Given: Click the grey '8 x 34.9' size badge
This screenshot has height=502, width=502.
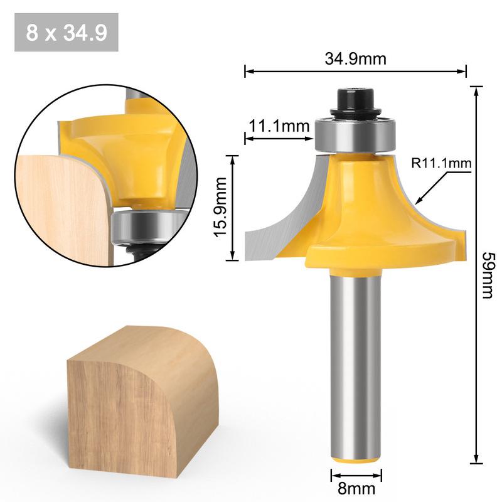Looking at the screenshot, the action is pos(67,33).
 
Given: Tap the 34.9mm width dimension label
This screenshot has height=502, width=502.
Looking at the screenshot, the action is pos(355,59).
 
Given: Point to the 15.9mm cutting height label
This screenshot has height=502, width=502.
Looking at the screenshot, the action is pos(220,207).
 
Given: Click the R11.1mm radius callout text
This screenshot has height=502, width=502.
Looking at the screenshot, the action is pos(441,163).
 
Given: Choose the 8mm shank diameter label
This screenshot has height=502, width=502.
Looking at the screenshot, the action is pos(356,489).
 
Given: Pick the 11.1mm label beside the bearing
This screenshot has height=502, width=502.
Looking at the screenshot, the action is pos(279,126).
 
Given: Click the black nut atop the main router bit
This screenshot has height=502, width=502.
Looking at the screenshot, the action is pos(356,102).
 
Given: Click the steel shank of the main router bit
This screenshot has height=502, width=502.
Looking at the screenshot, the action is pos(356,363).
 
